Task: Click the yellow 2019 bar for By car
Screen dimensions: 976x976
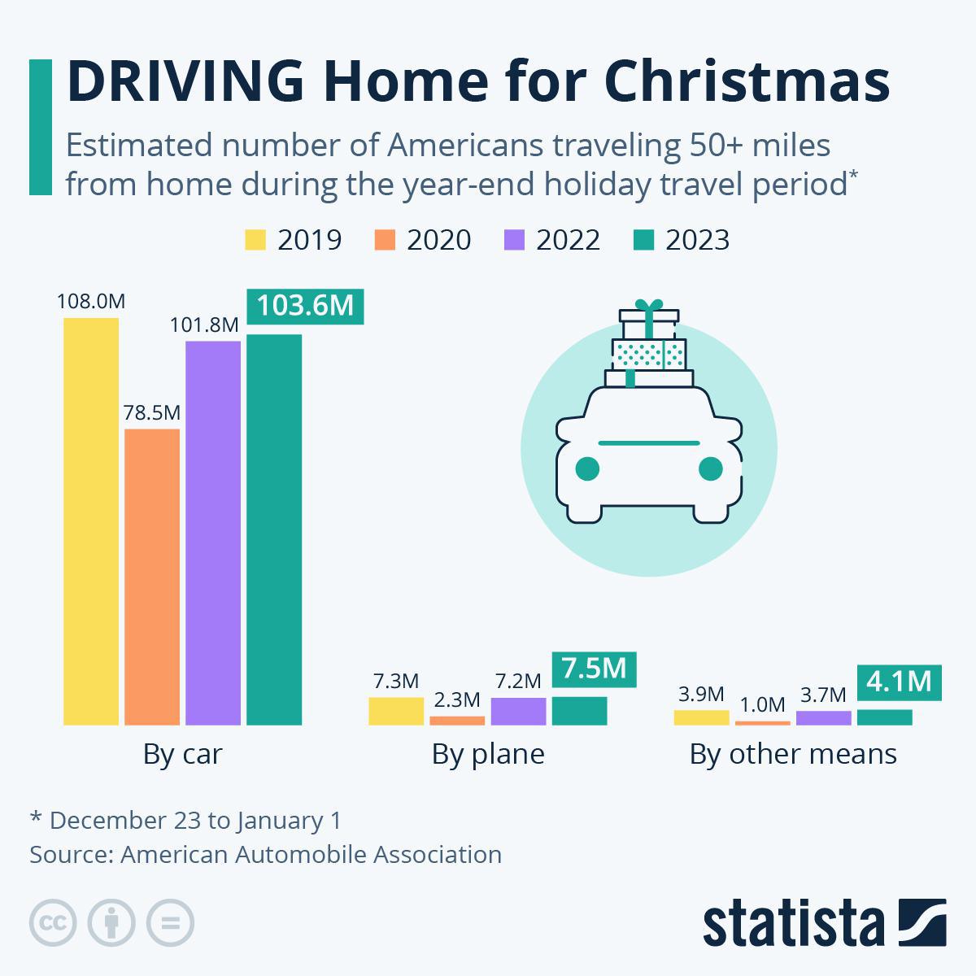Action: click(91, 521)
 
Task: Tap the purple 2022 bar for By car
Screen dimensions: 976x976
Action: click(213, 533)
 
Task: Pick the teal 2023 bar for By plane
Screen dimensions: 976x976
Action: click(579, 711)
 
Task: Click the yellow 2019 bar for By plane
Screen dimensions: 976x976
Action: click(396, 711)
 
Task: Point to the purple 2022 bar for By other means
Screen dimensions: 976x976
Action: click(824, 717)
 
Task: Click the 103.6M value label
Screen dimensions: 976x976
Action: click(305, 306)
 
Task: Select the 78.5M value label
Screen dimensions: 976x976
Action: click(152, 413)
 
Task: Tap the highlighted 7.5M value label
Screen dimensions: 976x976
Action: click(594, 669)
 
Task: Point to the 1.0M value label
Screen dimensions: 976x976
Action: click(762, 704)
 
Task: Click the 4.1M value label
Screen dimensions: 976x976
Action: click(899, 682)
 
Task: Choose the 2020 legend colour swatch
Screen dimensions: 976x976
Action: click(385, 241)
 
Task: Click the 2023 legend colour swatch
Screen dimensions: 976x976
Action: click(643, 241)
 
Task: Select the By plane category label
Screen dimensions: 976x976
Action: click(488, 754)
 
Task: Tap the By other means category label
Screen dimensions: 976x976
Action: click(793, 754)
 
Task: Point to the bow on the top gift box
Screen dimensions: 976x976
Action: click(648, 306)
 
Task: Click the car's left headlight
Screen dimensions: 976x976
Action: click(587, 468)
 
